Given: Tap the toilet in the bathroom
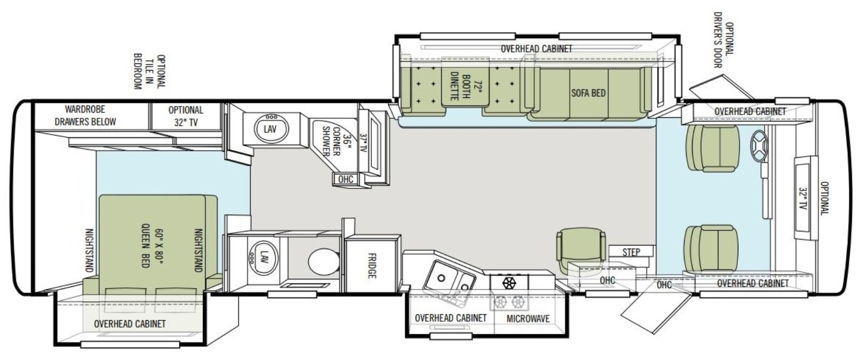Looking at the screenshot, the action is (323, 262).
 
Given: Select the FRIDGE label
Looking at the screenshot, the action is (372, 266).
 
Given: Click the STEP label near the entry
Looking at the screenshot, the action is (631, 252).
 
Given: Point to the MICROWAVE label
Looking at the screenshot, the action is (528, 319).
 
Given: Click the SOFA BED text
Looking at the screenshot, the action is (588, 93).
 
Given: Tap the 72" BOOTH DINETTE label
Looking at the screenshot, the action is (466, 86).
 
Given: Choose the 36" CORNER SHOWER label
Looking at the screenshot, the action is (336, 141).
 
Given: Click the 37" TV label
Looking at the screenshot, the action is (363, 143).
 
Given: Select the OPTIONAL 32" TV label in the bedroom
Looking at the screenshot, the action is (186, 116).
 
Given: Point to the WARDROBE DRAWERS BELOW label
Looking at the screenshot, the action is (85, 116).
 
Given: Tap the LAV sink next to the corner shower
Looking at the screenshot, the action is (271, 129).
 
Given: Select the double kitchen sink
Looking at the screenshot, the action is (449, 279).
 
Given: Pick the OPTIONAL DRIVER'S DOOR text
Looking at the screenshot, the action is (724, 40).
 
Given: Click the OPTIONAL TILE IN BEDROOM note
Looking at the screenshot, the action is (150, 71).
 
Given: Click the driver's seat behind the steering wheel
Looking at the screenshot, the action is (712, 148).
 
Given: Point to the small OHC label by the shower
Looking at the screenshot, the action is (345, 179).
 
